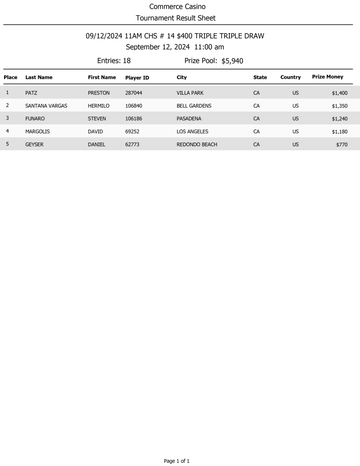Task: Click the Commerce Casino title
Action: click(177, 6)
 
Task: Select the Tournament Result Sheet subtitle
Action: click(176, 18)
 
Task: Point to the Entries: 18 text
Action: click(114, 61)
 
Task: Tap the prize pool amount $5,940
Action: click(232, 61)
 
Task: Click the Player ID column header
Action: click(137, 78)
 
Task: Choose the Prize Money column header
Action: click(327, 77)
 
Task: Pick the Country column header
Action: click(290, 77)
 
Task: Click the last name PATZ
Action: click(31, 93)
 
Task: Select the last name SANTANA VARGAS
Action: click(46, 106)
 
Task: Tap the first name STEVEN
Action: click(96, 118)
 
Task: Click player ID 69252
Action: click(132, 132)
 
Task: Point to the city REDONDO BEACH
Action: click(197, 144)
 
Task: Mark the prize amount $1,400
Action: click(340, 93)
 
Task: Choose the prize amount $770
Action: click(342, 144)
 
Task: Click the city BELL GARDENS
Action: click(194, 106)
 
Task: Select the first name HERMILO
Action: click(98, 106)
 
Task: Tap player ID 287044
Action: click(134, 93)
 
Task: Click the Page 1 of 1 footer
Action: click(177, 461)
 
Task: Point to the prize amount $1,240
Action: click(340, 118)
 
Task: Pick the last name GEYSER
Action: click(35, 144)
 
